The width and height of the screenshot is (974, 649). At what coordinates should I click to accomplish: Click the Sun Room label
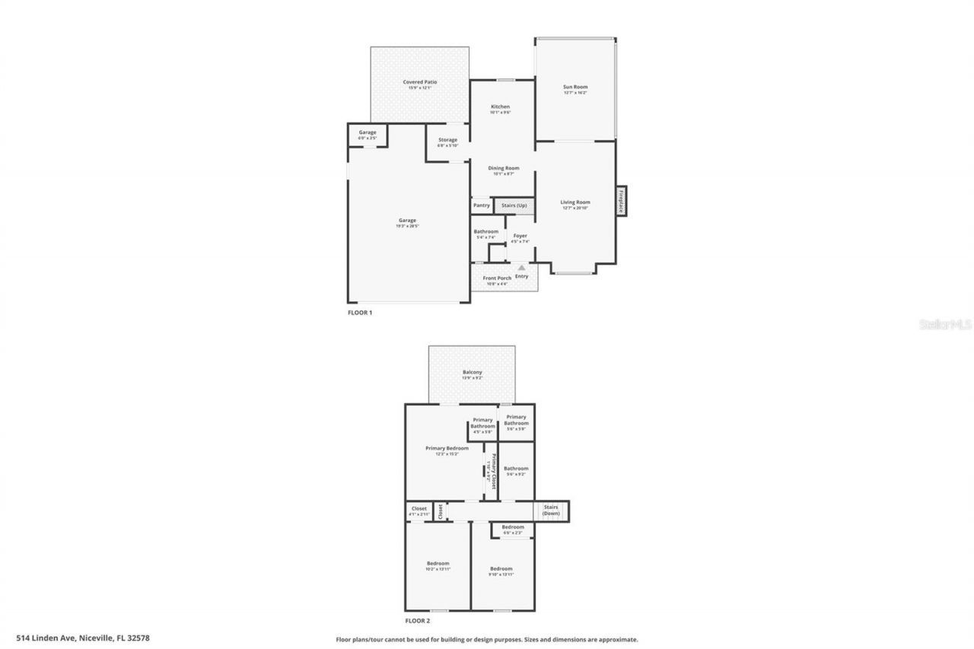click(x=575, y=87)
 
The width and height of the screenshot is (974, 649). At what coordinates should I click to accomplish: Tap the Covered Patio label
click(x=420, y=82)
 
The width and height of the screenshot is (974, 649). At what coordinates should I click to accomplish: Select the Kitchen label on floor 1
click(x=500, y=107)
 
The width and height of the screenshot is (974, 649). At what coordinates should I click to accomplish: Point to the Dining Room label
click(x=503, y=168)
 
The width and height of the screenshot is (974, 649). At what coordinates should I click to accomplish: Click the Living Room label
click(x=575, y=202)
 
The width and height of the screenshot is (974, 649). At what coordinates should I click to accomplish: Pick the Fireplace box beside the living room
click(x=621, y=201)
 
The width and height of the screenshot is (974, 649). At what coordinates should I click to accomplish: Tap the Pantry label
click(x=482, y=205)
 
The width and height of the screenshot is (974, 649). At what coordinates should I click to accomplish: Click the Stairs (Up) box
click(x=514, y=205)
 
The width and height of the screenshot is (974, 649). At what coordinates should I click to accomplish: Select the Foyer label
click(x=520, y=236)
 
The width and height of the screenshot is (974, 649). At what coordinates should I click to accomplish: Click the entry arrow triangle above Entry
click(x=521, y=267)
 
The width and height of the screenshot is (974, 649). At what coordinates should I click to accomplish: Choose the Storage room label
click(x=447, y=140)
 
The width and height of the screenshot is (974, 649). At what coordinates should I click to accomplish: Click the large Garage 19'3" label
click(x=408, y=221)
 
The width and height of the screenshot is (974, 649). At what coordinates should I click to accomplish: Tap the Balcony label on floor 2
click(x=472, y=373)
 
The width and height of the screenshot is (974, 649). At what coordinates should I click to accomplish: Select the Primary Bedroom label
click(x=447, y=449)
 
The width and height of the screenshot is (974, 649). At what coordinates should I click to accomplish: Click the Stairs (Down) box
click(x=551, y=511)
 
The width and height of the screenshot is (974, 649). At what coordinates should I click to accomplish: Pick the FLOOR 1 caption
click(x=360, y=313)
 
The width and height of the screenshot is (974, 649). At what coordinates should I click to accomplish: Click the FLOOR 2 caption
click(x=417, y=621)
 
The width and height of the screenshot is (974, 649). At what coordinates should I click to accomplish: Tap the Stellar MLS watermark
click(x=945, y=324)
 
